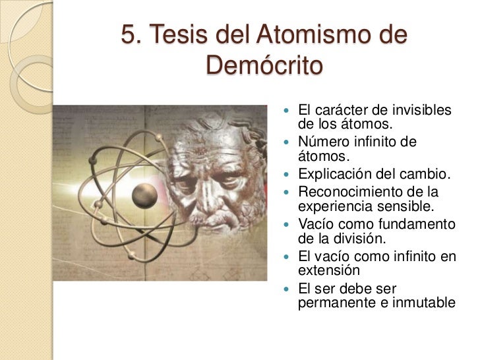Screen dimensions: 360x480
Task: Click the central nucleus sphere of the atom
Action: pyautogui.click(x=144, y=195)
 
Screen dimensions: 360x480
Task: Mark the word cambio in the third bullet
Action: pyautogui.click(x=428, y=175)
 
